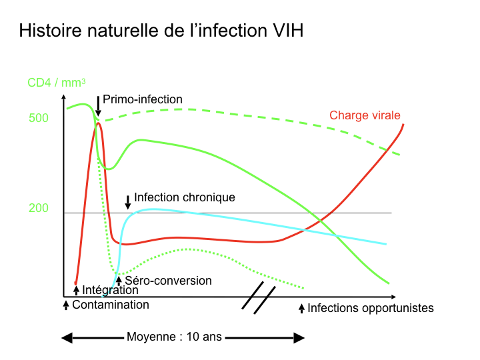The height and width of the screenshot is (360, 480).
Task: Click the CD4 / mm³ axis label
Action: (x=56, y=83)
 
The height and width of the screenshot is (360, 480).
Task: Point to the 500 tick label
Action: (x=39, y=119)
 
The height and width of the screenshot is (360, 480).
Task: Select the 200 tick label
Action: (x=39, y=208)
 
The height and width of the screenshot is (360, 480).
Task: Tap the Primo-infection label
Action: (x=142, y=99)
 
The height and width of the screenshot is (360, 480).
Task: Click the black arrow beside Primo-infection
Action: (x=98, y=105)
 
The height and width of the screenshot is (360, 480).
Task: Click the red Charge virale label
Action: (x=365, y=115)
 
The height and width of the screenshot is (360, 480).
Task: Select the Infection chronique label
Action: (x=185, y=197)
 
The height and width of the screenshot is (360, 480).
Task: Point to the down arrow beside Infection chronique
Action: (x=128, y=201)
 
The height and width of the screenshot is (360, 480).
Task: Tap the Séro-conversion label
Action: (x=168, y=281)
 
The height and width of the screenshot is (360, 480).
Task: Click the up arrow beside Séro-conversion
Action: (x=119, y=281)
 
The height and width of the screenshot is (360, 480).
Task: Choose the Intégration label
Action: (x=110, y=290)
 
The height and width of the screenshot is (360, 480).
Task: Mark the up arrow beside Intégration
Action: (x=76, y=290)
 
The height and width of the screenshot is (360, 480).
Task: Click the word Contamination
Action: (x=111, y=305)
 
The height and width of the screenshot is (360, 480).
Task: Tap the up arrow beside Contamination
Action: (x=66, y=305)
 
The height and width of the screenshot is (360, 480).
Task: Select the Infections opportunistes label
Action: (x=371, y=308)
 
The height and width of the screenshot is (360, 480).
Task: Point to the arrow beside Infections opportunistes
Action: (x=301, y=308)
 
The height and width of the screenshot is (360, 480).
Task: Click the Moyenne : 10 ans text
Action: (x=174, y=337)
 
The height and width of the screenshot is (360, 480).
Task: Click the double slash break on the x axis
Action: (x=259, y=297)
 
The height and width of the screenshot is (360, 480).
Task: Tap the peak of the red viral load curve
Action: (x=99, y=123)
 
